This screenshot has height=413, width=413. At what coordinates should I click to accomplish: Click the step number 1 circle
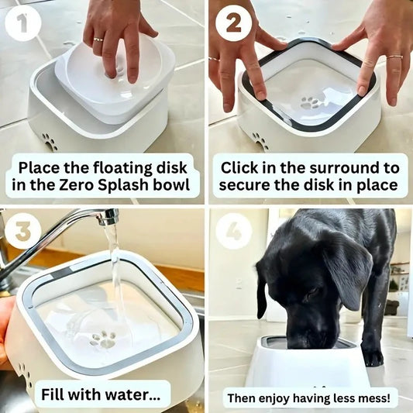pyautogui.click(x=22, y=24)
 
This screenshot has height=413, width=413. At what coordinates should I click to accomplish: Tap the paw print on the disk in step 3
pyautogui.click(x=103, y=339)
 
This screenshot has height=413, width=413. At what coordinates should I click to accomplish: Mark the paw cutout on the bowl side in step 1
pyautogui.click(x=50, y=142)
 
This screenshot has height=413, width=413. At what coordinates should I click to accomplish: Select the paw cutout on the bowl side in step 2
pyautogui.click(x=260, y=141)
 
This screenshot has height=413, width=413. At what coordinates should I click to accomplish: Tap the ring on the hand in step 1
pyautogui.click(x=98, y=40)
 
